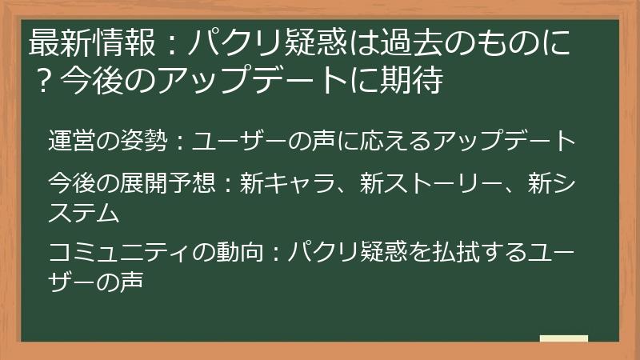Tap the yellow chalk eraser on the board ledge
coord(564,338)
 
